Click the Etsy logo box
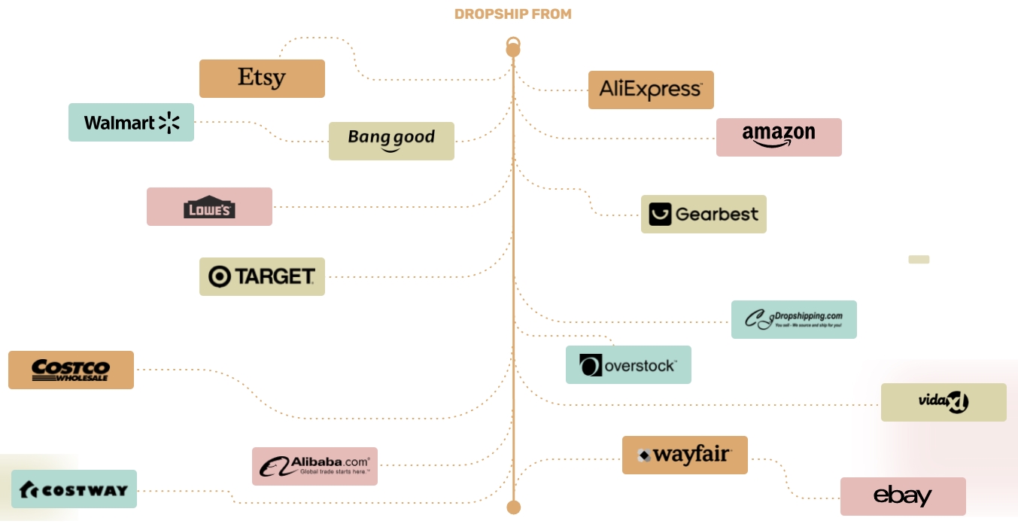[x=262, y=78]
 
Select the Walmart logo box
[x=131, y=122]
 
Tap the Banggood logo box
[x=391, y=141]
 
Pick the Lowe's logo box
[x=209, y=206]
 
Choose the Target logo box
[x=262, y=276]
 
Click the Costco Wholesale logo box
[x=71, y=370]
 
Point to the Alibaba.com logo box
[x=315, y=466]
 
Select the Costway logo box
[x=74, y=489]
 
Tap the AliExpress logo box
[x=651, y=90]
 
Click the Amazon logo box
[x=779, y=137]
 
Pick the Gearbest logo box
[x=703, y=214]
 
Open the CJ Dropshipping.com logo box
[x=794, y=319]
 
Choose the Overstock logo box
[x=628, y=364]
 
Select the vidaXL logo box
[x=944, y=402]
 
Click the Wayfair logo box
[x=685, y=455]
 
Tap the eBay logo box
[x=903, y=496]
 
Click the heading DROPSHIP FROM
[x=513, y=14]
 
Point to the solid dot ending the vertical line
[x=513, y=507]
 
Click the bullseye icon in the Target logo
[x=220, y=276]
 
